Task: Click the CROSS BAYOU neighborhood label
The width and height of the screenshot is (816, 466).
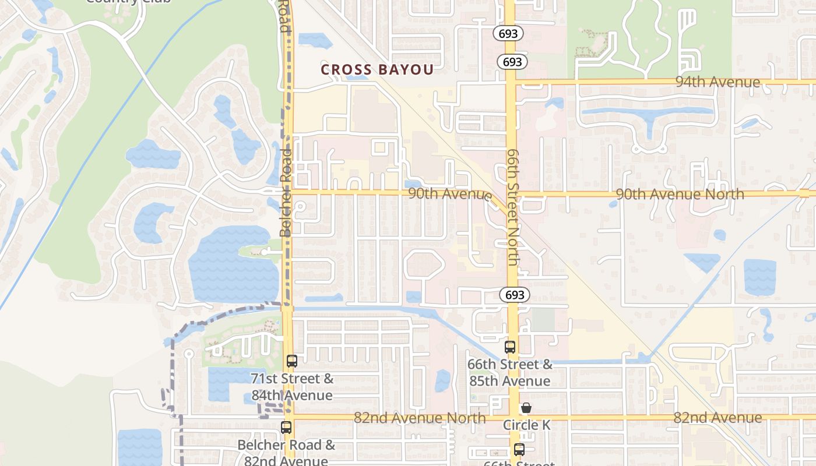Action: (x=377, y=70)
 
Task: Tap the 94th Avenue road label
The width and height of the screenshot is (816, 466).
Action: (x=717, y=82)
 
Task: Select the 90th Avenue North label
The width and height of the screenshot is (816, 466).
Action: (x=680, y=194)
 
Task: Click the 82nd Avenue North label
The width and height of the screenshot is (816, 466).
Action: (x=420, y=418)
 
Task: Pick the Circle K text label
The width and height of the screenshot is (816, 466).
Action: (x=526, y=425)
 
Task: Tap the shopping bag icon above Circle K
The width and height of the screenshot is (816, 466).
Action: (x=526, y=408)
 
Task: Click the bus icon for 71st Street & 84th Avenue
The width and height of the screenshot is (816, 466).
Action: (x=292, y=361)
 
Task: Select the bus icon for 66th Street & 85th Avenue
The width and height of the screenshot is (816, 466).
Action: (x=510, y=347)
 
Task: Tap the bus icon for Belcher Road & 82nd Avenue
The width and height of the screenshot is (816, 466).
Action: (x=286, y=428)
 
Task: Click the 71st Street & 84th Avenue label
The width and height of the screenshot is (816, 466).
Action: (x=292, y=387)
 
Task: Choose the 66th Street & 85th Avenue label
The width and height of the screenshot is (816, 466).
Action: (x=509, y=373)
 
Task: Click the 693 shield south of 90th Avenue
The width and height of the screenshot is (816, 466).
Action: (x=515, y=295)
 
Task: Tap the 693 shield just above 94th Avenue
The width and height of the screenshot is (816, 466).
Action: (x=512, y=61)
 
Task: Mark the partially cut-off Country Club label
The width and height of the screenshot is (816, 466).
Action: (x=128, y=2)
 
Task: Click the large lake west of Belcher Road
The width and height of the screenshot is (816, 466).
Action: (x=230, y=268)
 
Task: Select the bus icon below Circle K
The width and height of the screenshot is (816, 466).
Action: (x=519, y=450)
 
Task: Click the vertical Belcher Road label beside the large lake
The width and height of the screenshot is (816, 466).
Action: (x=286, y=192)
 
